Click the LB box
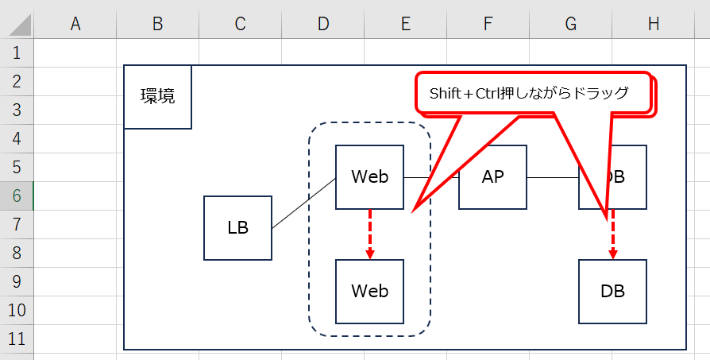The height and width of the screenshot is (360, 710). click(x=237, y=228)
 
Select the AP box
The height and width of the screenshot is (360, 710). click(x=492, y=176)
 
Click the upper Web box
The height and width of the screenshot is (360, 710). click(x=369, y=176)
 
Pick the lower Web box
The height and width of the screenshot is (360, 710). click(x=369, y=291)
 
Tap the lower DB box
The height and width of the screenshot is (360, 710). click(x=612, y=291)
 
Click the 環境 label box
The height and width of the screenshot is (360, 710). click(x=157, y=97)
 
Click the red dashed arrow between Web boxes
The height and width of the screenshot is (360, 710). click(x=370, y=233)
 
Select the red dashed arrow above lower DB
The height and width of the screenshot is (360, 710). click(x=612, y=234)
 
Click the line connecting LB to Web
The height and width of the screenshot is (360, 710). click(x=303, y=203)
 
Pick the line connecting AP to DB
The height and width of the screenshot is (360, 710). click(x=553, y=177)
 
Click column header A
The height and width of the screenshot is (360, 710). click(x=75, y=24)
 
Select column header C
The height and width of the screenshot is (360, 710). click(x=240, y=24)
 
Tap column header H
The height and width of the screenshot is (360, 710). click(x=653, y=24)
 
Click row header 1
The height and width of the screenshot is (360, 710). click(x=17, y=53)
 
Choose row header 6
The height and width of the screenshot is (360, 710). click(x=17, y=195)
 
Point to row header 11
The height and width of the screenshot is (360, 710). click(x=17, y=339)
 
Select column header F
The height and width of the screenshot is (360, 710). click(x=488, y=24)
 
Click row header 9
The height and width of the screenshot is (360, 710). click(x=17, y=281)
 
